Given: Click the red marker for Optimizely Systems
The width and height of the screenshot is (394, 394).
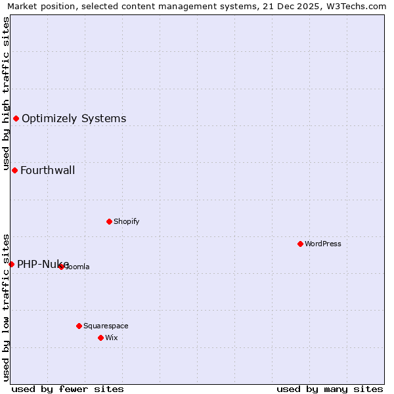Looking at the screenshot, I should tap(16, 119).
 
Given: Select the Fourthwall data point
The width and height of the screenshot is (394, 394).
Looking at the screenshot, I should tap(14, 171).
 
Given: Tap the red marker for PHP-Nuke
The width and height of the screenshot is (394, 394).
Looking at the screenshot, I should tap(11, 264).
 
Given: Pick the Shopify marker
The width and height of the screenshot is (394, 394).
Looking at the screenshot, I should tap(109, 221).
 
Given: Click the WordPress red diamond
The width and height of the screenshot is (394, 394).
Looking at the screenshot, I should tap(300, 244).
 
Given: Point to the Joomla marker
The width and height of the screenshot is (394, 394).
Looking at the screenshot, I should tap(61, 267).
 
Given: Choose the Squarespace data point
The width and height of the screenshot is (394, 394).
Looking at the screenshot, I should tap(79, 326).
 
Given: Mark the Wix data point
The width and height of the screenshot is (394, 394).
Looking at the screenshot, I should tap(100, 338).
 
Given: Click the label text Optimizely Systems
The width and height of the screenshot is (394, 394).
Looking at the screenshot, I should tap(74, 119).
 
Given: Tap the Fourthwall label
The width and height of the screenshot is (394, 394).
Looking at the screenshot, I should tap(47, 171).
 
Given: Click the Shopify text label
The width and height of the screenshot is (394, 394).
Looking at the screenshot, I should tap(126, 221).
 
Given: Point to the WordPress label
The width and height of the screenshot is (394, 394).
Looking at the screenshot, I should tap(322, 244).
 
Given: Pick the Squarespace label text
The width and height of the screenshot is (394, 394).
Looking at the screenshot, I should tap(106, 326).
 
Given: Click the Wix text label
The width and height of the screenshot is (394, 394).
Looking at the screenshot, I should tap(111, 338).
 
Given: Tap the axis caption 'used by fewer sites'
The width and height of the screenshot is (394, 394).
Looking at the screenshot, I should tap(68, 389).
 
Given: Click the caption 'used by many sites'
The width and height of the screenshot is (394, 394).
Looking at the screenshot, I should tap(330, 389).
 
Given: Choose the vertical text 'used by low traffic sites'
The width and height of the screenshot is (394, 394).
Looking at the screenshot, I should tap(6, 307).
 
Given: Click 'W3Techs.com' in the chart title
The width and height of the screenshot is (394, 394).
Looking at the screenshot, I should tap(357, 7).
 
